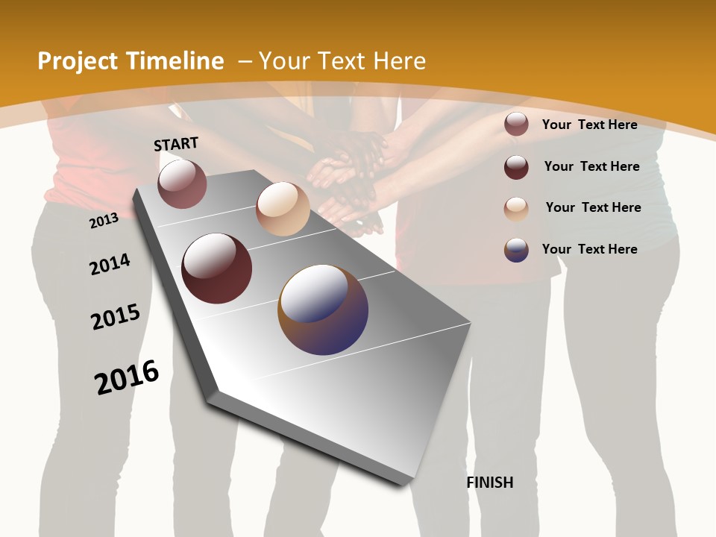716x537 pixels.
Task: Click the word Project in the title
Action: point(77,61)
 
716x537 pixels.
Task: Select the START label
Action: point(176,144)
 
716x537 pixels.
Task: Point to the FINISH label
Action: point(490,483)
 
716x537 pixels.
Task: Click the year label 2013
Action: point(104,221)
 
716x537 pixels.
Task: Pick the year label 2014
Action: point(110,264)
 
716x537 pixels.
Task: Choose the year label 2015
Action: point(116,318)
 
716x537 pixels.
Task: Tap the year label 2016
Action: point(127,377)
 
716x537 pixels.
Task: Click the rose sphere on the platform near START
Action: point(182,184)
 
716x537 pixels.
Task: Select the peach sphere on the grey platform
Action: point(283,209)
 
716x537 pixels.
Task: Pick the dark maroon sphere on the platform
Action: point(217,268)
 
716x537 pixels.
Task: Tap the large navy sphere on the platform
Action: point(323,310)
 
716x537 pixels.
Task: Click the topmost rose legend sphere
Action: point(516,124)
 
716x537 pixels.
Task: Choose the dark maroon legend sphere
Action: point(516,167)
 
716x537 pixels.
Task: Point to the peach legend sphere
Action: point(516,209)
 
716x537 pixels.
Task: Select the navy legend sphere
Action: point(516,250)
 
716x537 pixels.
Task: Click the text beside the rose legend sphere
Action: point(589,125)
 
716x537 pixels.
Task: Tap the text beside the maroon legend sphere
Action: point(591,166)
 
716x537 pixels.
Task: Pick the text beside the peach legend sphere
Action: point(593,207)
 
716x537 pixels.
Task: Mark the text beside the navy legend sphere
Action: point(589,249)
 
